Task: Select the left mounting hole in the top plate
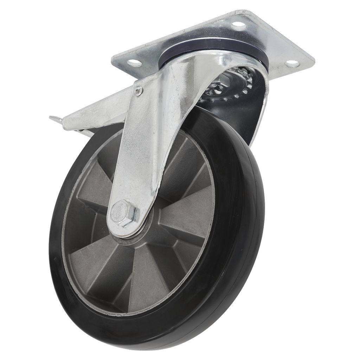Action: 135,63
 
